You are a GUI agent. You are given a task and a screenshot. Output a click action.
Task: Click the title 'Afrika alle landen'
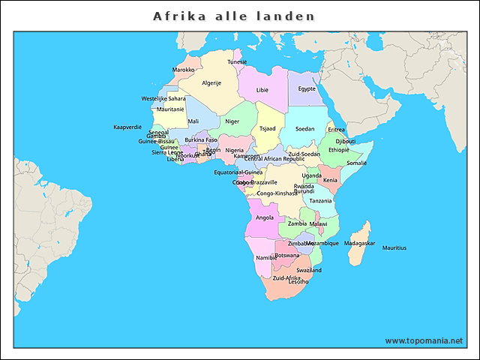tap(234, 16)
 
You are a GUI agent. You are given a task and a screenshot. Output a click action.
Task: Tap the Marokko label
tap(183, 70)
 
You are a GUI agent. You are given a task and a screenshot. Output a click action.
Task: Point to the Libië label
tap(262, 89)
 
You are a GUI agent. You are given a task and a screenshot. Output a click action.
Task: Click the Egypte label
tap(307, 88)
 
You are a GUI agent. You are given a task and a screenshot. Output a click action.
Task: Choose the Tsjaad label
tap(267, 128)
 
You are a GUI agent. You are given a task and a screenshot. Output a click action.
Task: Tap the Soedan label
tap(305, 129)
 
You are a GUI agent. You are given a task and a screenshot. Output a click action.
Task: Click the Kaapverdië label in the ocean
tap(127, 127)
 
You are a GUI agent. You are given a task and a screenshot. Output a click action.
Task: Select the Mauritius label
tap(394, 247)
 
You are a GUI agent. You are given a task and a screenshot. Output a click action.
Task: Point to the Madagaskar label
tap(360, 244)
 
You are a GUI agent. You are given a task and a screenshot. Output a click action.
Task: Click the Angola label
tap(265, 217)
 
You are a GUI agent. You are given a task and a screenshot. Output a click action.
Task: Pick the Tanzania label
tap(320, 201)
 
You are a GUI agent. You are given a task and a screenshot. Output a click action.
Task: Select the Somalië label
tap(356, 163)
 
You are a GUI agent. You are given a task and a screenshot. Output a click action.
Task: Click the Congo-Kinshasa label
tap(277, 193)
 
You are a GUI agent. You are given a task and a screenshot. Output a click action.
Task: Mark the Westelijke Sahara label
tap(163, 98)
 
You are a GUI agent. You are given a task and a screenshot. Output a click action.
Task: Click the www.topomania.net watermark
tap(424, 340)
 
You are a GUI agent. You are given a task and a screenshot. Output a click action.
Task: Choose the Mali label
tap(193, 121)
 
